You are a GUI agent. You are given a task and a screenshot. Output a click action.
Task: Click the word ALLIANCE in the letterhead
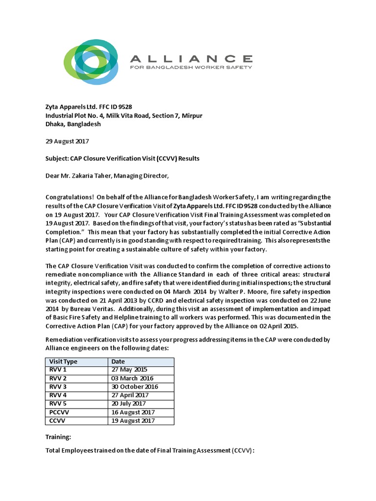(191, 58)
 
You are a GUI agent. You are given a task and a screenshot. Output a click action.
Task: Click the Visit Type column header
(64, 362)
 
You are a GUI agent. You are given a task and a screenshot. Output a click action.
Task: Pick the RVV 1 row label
(57, 370)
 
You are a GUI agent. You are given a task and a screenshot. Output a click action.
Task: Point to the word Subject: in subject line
(59, 159)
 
